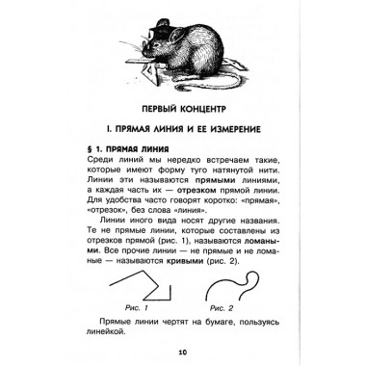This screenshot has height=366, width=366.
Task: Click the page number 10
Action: (182, 352)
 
